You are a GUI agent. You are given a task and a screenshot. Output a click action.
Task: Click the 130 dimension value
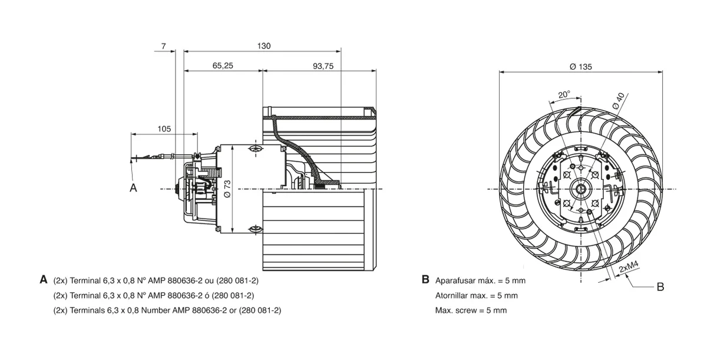(x=264, y=46)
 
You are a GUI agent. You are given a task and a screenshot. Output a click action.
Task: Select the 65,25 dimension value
(x=223, y=65)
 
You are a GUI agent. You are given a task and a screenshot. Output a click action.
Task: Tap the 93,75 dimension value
(x=323, y=66)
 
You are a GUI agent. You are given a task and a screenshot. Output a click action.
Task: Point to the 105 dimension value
(x=164, y=129)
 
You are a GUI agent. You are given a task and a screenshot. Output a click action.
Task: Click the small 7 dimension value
(x=164, y=46)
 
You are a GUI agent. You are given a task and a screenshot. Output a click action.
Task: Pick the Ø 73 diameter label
(x=227, y=189)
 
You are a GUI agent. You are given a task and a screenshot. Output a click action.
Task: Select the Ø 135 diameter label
(x=581, y=67)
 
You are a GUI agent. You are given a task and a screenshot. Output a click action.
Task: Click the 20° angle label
(x=564, y=94)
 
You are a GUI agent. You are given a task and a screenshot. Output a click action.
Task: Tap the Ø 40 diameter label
(x=619, y=101)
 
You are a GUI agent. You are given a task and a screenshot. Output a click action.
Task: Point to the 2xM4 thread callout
(x=629, y=267)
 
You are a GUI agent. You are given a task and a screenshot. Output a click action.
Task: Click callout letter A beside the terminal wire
(x=133, y=188)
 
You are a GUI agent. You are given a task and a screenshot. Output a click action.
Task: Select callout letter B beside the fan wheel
(x=660, y=287)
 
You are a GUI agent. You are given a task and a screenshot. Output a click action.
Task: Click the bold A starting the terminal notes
(x=44, y=279)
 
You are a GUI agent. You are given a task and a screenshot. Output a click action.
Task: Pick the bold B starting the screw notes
(x=425, y=279)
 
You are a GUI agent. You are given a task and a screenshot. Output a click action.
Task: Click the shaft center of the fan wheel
(x=581, y=189)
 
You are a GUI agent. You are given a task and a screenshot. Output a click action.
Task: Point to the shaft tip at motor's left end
(x=176, y=189)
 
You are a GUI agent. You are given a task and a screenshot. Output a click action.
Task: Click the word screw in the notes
(x=467, y=311)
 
